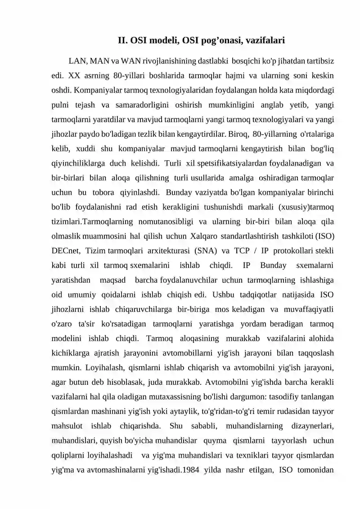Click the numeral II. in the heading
coord(123,41)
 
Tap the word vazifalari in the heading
coord(262,41)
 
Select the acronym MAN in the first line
coord(100,60)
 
